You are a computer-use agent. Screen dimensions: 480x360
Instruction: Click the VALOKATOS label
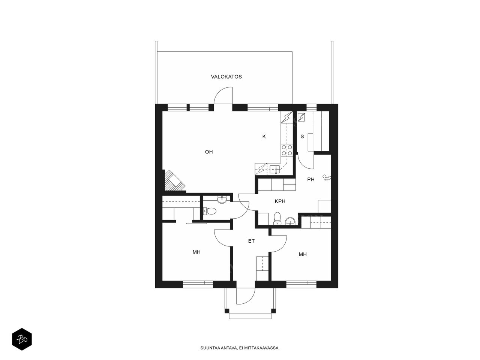(226, 77)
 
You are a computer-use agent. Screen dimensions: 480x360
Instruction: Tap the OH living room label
(209, 152)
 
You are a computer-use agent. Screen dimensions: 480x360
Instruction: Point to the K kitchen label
(264, 136)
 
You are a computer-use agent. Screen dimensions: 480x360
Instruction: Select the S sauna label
(302, 136)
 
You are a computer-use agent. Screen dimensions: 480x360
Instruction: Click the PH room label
(311, 180)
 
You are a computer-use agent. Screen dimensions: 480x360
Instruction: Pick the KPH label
(280, 201)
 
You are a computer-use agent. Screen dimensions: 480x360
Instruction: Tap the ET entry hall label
(251, 241)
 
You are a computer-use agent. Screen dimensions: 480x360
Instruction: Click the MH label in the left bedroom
(196, 252)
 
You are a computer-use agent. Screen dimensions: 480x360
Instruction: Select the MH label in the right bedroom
(303, 254)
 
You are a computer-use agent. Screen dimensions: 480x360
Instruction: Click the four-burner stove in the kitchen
(287, 150)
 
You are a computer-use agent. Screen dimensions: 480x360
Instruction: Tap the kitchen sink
(274, 169)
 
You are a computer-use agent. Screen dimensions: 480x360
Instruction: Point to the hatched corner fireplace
(174, 181)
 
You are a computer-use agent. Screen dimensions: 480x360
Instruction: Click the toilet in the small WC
(210, 211)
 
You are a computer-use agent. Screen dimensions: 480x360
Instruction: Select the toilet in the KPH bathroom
(277, 218)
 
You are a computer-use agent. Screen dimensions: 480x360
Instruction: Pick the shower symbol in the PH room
(327, 177)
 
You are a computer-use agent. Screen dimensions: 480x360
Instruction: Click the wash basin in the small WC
(222, 199)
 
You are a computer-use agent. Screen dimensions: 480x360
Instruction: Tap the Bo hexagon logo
(22, 339)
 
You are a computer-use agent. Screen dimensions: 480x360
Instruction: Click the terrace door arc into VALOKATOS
(220, 93)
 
